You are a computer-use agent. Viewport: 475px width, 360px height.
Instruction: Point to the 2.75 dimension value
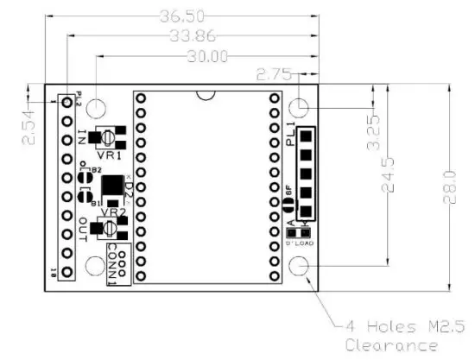pos(275,75)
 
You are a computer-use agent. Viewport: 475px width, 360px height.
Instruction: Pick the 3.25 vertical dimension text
pos(374,134)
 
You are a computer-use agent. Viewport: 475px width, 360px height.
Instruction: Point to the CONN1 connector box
pos(117,263)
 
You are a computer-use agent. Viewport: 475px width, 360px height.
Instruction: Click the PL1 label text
pos(291,136)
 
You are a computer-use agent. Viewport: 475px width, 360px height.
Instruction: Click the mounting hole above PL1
pos(299,108)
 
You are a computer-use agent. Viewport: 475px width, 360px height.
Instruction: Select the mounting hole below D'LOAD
pos(299,266)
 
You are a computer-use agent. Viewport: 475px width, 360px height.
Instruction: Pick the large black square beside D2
pos(112,185)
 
